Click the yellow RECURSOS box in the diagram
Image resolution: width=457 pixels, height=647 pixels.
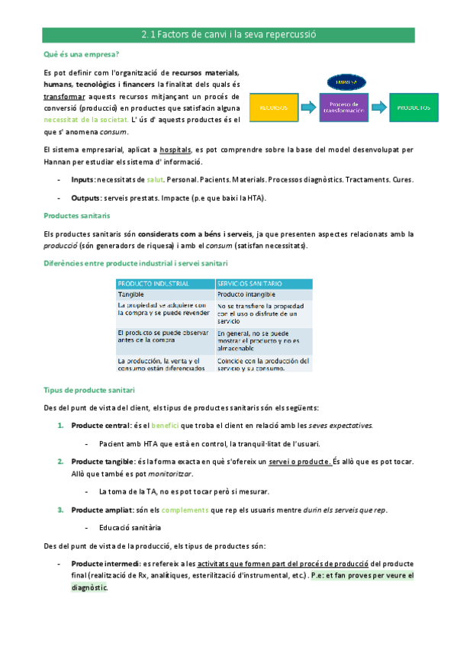click(274, 108)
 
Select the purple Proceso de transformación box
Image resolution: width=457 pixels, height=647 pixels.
click(343, 108)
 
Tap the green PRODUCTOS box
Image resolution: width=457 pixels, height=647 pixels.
click(414, 108)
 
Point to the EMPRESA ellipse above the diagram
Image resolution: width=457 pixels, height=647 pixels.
click(344, 82)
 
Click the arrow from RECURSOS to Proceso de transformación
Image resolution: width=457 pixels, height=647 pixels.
click(308, 108)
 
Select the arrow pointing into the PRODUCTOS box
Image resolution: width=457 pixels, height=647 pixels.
click(378, 108)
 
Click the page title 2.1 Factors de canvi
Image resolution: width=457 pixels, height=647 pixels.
click(228, 34)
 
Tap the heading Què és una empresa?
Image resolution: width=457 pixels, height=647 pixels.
click(82, 54)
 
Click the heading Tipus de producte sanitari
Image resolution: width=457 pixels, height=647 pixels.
click(90, 390)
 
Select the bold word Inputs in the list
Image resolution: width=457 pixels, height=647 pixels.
click(82, 179)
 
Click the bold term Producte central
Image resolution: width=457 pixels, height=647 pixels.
click(100, 425)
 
